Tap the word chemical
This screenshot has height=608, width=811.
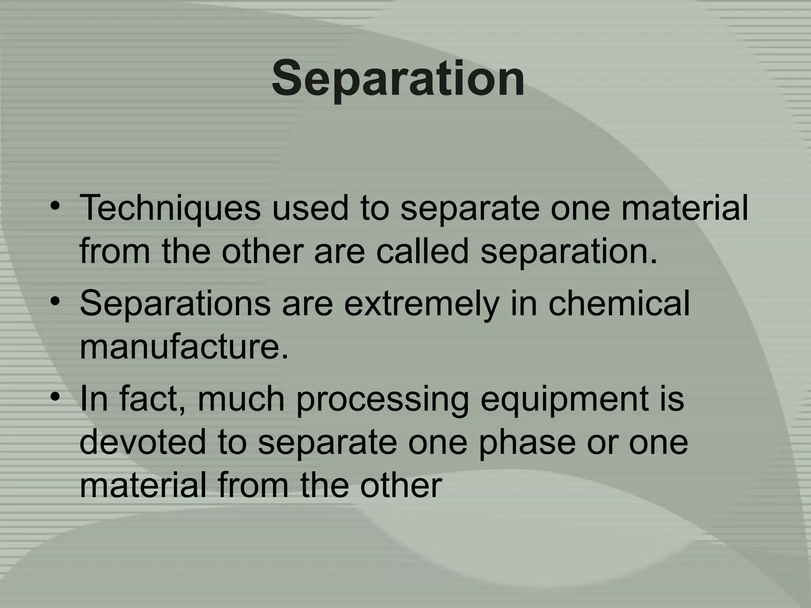tap(619, 303)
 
